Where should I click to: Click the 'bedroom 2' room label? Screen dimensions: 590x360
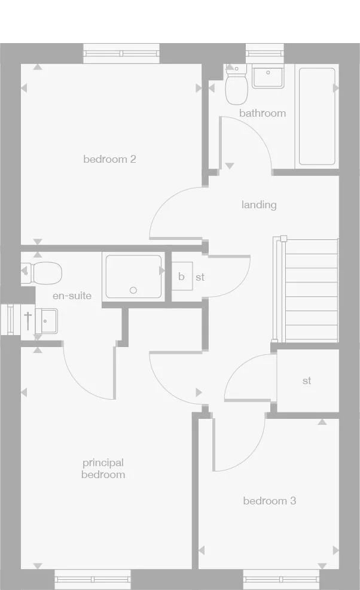109,159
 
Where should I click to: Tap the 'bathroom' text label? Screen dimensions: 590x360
263,113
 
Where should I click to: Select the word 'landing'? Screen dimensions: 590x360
259,205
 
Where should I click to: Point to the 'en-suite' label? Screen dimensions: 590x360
72,296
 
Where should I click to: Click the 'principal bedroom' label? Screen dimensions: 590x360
103,469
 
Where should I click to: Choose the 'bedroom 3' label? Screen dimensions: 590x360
269,501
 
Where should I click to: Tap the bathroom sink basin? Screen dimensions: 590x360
268,77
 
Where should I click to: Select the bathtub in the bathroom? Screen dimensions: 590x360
316,116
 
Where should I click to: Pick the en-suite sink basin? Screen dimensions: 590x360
46,321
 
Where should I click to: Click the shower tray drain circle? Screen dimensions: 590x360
133,291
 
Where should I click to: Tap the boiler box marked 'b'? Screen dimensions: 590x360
182,276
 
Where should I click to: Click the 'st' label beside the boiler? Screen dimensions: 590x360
200,278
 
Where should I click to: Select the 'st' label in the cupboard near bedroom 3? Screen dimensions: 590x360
307,381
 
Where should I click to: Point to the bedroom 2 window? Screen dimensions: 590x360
121,53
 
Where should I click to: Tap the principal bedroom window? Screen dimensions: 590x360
93,579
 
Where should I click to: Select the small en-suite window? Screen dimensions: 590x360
11,318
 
